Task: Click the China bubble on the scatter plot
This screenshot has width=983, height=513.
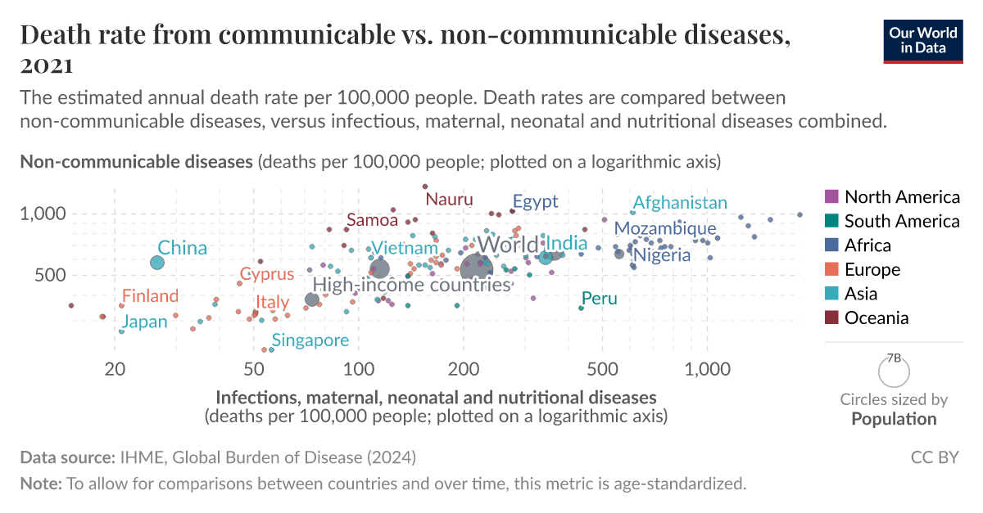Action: point(157,263)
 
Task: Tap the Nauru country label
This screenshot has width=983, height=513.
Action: point(450,199)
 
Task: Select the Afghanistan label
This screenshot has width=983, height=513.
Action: point(680,202)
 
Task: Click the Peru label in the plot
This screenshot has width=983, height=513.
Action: point(599,299)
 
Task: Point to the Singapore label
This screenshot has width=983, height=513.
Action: point(310,340)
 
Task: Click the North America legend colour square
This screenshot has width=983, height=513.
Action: point(831,196)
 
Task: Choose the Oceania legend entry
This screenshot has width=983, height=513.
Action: point(877,317)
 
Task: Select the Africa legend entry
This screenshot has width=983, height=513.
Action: point(867,245)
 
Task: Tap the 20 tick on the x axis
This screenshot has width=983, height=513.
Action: point(115,369)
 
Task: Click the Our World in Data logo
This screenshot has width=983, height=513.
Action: point(922,39)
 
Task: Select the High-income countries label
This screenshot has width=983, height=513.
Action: point(412,285)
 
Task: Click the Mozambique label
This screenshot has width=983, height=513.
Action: point(665,228)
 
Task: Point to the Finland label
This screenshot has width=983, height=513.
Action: point(150,296)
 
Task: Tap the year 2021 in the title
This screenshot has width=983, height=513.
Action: point(47,65)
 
